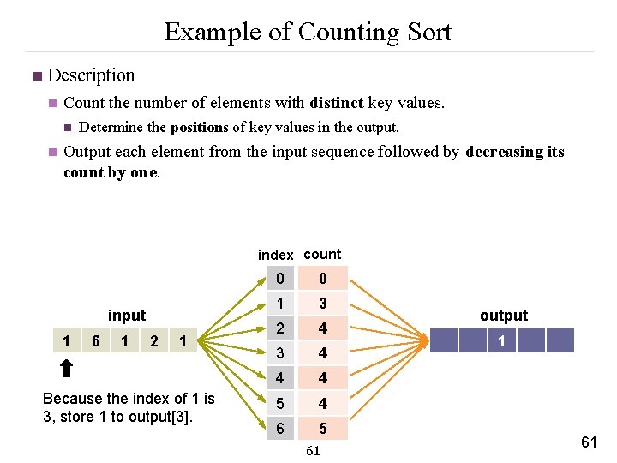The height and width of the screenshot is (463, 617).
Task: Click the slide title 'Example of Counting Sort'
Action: pos(308,32)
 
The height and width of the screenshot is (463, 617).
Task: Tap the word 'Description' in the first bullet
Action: pos(91,75)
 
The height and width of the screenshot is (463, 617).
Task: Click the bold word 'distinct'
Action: pos(337,103)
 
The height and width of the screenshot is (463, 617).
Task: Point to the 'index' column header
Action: pos(275,255)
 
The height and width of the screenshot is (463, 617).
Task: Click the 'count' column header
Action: pos(322,254)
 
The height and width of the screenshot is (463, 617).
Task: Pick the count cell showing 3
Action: pos(322,304)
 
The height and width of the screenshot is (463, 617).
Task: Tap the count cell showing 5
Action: pos(322,428)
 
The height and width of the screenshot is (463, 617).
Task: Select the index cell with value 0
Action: pos(280,279)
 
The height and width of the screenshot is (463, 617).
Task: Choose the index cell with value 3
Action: pos(280,353)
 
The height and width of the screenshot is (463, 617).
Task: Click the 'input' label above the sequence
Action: pos(127,316)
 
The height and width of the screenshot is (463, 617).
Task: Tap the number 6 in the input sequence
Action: pos(96,341)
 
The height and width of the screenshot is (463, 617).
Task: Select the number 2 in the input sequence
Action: pos(154,341)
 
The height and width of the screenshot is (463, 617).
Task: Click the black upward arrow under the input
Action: pos(67,370)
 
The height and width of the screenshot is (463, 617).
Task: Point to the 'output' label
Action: pos(504,316)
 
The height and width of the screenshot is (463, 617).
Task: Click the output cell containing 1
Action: pos(501,341)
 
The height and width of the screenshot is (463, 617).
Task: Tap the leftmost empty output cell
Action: pos(444,341)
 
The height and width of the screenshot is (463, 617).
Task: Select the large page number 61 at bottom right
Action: pos(589,442)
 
